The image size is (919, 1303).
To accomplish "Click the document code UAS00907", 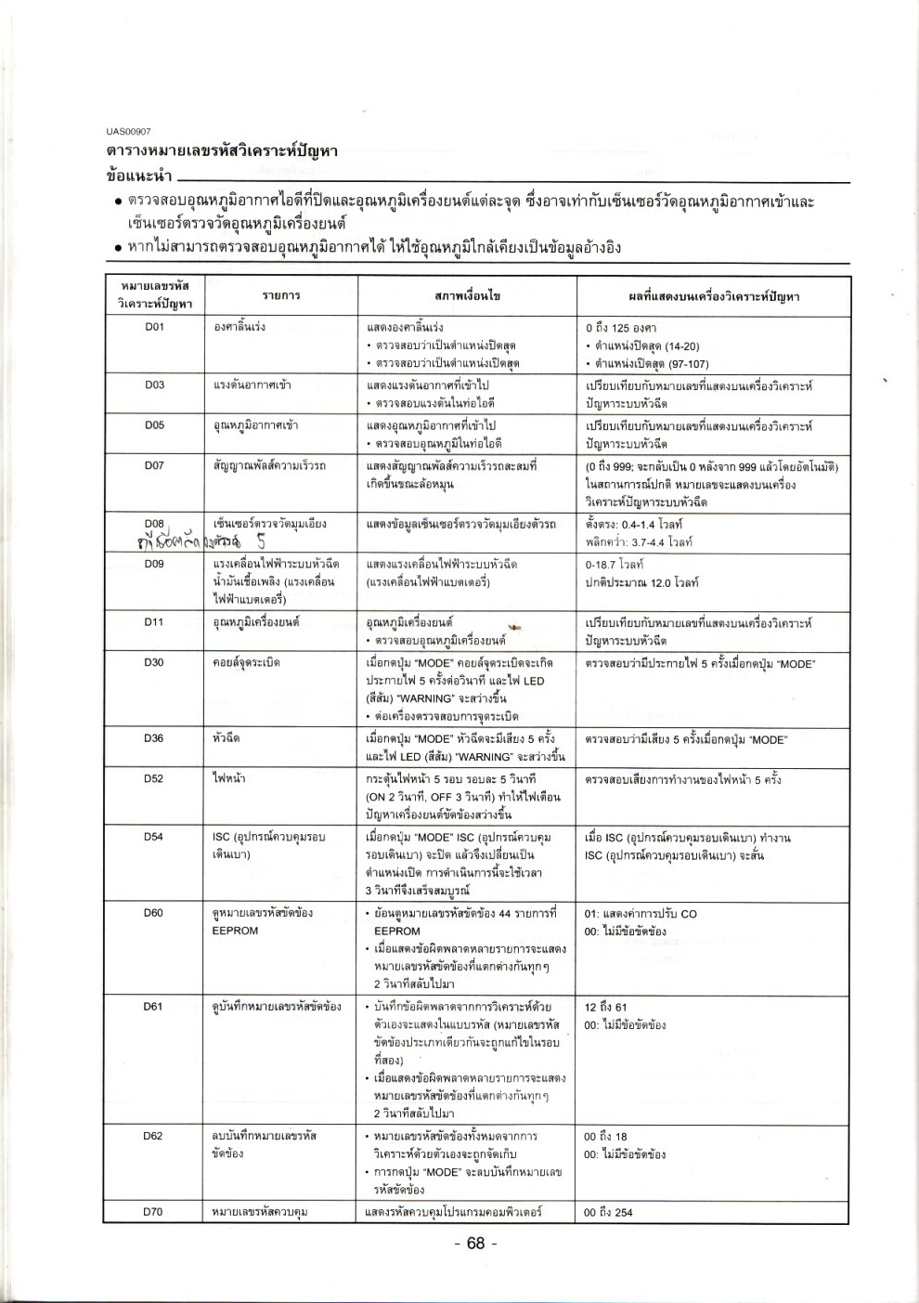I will coord(128,131).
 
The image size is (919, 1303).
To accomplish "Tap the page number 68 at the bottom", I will coord(476,1244).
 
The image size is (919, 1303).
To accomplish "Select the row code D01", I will coord(154,327).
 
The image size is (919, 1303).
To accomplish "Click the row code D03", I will coord(154,384).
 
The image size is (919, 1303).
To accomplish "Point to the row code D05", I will coord(154,425).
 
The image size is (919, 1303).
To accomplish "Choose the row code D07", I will coord(154,465).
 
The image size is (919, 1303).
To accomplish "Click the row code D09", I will coord(154,564).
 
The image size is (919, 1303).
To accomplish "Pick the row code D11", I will coord(154,621).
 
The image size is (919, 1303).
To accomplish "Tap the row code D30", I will coord(154,662).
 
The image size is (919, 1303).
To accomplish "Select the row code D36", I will coord(154,738).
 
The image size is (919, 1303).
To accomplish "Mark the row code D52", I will coord(154,778).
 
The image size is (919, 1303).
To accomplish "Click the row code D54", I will coord(154,837).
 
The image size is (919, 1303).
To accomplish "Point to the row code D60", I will coord(154,913).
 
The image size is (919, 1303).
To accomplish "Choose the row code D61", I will coord(154,1007).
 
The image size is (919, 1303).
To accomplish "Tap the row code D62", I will coord(154,1136).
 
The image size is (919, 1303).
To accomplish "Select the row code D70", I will coord(154,1212).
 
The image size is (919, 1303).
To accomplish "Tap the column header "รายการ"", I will coord(280,295).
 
